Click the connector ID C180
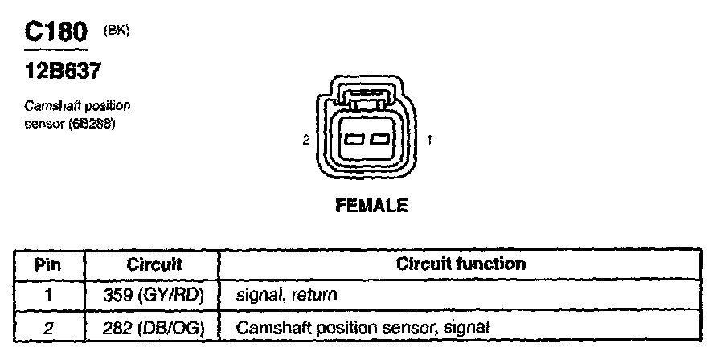tap(55, 33)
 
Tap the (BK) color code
tap(117, 30)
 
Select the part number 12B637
tap(64, 72)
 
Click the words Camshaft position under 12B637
tap(77, 106)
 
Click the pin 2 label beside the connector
tap(305, 141)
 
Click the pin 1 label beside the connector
tap(430, 141)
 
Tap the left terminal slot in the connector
tap(354, 141)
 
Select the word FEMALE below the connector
tap(371, 207)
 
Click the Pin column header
tap(48, 264)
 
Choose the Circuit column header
tap(154, 264)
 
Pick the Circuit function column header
tap(461, 264)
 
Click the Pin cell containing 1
tap(48, 295)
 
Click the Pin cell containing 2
tap(48, 327)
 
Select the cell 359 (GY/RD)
tap(154, 295)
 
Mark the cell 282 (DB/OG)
tap(154, 327)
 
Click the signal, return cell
tap(286, 295)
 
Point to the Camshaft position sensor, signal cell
tap(362, 327)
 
